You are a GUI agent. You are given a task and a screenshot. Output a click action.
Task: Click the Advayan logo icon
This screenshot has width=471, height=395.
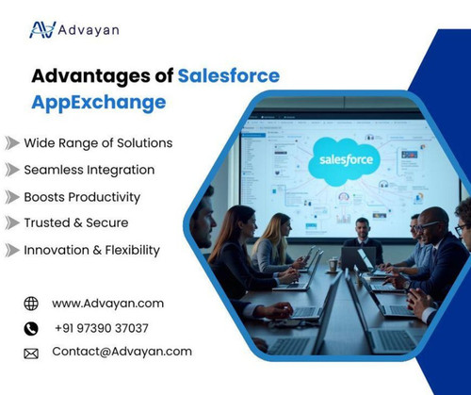pyautogui.click(x=42, y=30)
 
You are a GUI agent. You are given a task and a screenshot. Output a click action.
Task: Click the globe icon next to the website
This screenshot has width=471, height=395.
pyautogui.click(x=31, y=304)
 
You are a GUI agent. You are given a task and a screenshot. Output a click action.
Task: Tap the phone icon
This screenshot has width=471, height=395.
pyautogui.click(x=31, y=329)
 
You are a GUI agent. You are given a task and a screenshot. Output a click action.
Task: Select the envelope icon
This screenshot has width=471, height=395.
pyautogui.click(x=31, y=354)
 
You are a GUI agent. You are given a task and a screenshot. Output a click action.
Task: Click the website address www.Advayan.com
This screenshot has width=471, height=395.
pyautogui.click(x=107, y=304)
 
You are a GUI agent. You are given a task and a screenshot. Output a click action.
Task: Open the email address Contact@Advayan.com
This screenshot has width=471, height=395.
pyautogui.click(x=122, y=352)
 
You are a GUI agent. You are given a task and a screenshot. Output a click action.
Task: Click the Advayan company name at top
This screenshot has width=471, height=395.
pyautogui.click(x=89, y=30)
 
